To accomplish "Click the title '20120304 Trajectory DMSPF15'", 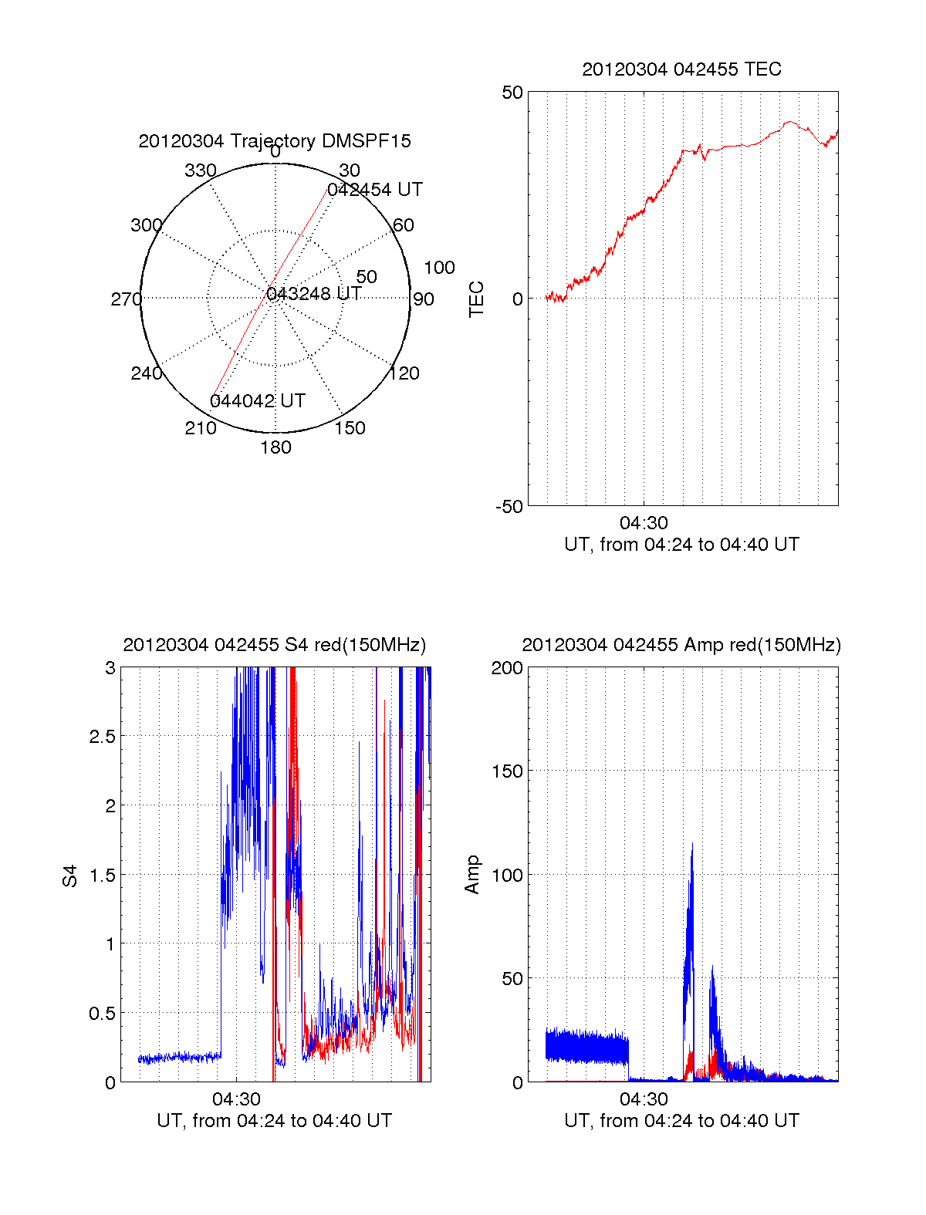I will pyautogui.click(x=275, y=141).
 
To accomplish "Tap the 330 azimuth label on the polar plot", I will pyautogui.click(x=200, y=170).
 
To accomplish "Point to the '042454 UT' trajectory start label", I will pyautogui.click(x=375, y=190).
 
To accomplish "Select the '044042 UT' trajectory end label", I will pyautogui.click(x=258, y=401).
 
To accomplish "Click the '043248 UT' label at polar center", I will pyautogui.click(x=314, y=294).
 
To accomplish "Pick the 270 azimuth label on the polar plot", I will pyautogui.click(x=126, y=299).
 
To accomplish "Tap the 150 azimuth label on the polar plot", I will pyautogui.click(x=350, y=428).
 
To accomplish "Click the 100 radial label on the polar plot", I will pyautogui.click(x=439, y=268).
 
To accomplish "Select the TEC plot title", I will pyautogui.click(x=681, y=69).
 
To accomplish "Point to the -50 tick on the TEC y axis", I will pyautogui.click(x=509, y=507).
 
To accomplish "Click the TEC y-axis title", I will pyautogui.click(x=477, y=299).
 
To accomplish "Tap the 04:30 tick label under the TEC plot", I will pyautogui.click(x=644, y=523).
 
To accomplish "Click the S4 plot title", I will pyautogui.click(x=274, y=645).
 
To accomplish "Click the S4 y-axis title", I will pyautogui.click(x=70, y=876).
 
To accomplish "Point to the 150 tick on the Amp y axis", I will pyautogui.click(x=507, y=771).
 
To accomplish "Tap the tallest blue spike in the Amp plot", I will pyautogui.click(x=692, y=845).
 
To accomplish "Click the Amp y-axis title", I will pyautogui.click(x=472, y=875).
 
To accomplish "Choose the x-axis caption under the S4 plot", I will pyautogui.click(x=274, y=1121).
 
